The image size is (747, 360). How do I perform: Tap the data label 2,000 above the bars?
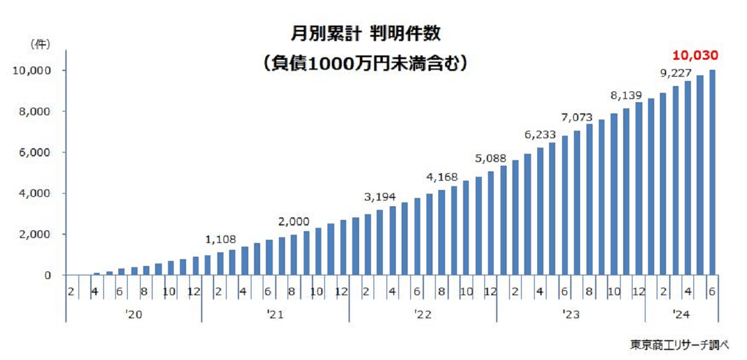294,222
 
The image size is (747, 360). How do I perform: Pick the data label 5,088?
490,158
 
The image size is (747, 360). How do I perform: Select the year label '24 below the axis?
682,315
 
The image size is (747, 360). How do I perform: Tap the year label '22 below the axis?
423,315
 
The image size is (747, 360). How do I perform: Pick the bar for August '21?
294,255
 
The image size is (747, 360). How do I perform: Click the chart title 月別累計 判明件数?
366,33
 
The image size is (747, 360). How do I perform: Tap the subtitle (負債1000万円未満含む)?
365,63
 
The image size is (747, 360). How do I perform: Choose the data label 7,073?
578,116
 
